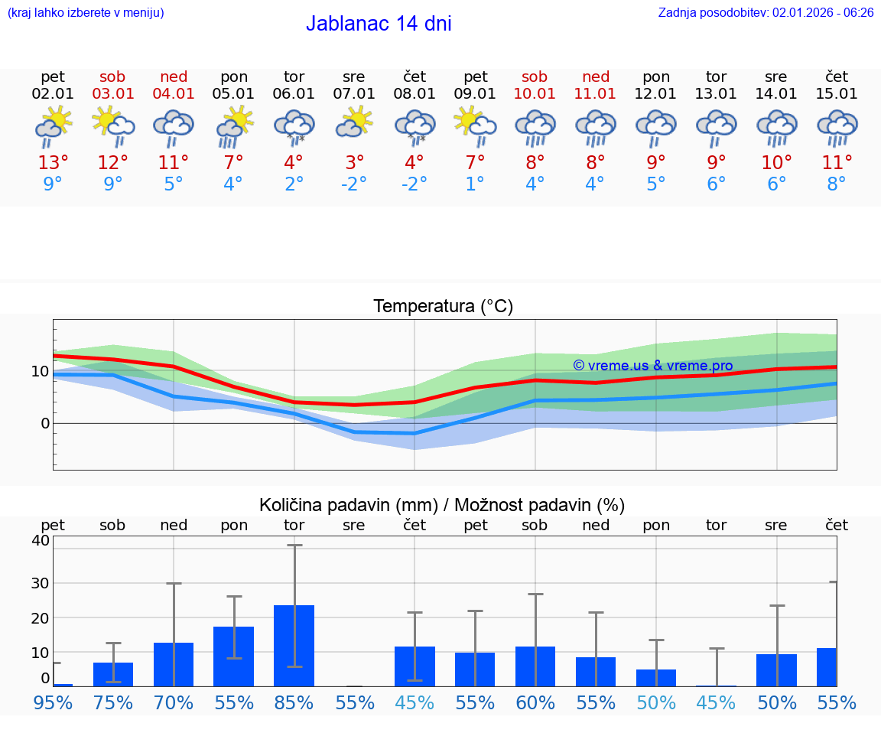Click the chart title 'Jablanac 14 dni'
pyautogui.click(x=379, y=24)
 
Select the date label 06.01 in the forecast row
pyautogui.click(x=294, y=93)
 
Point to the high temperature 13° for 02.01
pyautogui.click(x=53, y=163)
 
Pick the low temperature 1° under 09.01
pyautogui.click(x=475, y=184)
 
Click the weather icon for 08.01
pyautogui.click(x=414, y=125)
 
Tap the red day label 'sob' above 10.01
pyautogui.click(x=535, y=77)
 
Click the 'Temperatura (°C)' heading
pyautogui.click(x=443, y=307)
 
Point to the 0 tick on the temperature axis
pyautogui.click(x=44, y=423)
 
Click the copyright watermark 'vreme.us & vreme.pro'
pyautogui.click(x=652, y=366)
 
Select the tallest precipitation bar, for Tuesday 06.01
pyautogui.click(x=294, y=646)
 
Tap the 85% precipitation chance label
pyautogui.click(x=294, y=702)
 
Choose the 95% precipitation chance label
pyautogui.click(x=53, y=702)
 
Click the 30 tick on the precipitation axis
pyautogui.click(x=40, y=583)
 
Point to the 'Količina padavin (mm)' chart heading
pyautogui.click(x=348, y=505)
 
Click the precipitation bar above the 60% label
pyautogui.click(x=535, y=666)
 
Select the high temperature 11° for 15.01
pyautogui.click(x=837, y=163)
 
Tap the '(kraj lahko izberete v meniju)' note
pyautogui.click(x=86, y=12)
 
